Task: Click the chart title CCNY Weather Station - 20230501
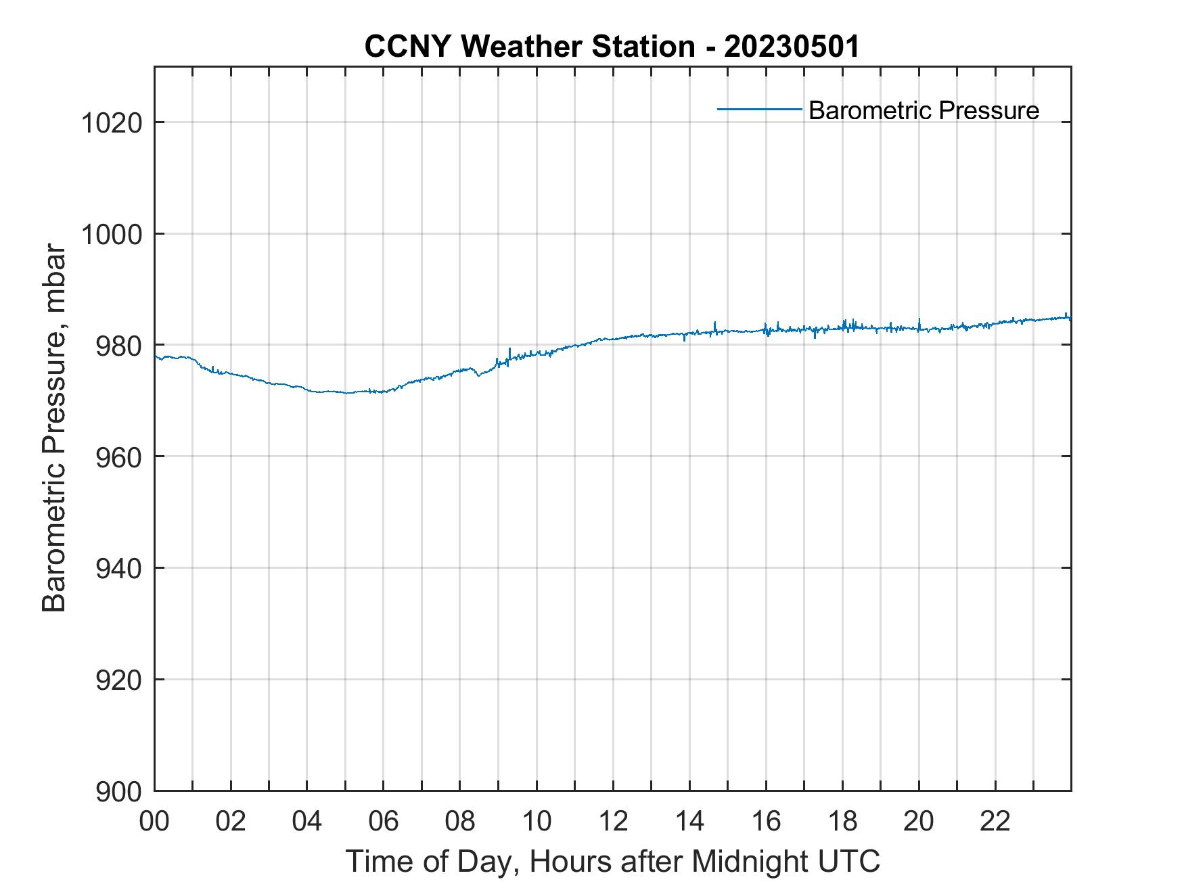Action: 612,47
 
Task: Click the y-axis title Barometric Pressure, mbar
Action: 54,428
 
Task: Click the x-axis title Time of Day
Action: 612,861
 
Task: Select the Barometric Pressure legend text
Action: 924,110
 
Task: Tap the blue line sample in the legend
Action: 759,109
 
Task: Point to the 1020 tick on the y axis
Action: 111,123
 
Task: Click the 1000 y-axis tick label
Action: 111,235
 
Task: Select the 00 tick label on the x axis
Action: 154,821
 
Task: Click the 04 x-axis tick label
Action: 307,821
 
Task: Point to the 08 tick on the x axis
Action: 460,821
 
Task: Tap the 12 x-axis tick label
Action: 613,821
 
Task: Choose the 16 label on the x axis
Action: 766,821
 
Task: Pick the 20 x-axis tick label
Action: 919,821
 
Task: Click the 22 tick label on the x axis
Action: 995,821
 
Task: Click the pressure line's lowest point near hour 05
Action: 346,393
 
